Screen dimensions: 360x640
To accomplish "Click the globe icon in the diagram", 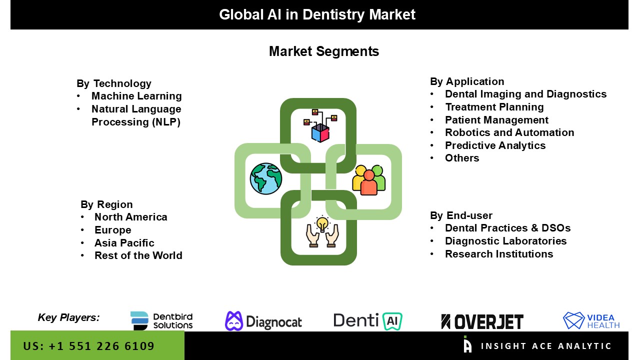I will pyautogui.click(x=266, y=178).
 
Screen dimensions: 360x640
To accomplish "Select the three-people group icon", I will pyautogui.click(x=369, y=180).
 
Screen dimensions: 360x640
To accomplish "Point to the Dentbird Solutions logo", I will pyautogui.click(x=161, y=321).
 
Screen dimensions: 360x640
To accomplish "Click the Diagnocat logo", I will pyautogui.click(x=263, y=321).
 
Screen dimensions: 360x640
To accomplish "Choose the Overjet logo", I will pyautogui.click(x=482, y=321).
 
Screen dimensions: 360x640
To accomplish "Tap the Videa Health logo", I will pyautogui.click(x=591, y=321).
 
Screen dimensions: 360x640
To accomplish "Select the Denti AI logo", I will pyautogui.click(x=368, y=321).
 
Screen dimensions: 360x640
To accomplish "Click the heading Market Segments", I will pyautogui.click(x=324, y=51).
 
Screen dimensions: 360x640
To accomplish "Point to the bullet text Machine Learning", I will pyautogui.click(x=136, y=96).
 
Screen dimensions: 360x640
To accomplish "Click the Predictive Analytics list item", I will pyautogui.click(x=495, y=145).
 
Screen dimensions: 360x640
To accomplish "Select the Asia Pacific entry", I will pyautogui.click(x=124, y=243).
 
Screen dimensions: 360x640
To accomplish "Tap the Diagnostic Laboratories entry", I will pyautogui.click(x=505, y=241).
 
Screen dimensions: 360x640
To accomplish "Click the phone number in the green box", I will pyautogui.click(x=89, y=346).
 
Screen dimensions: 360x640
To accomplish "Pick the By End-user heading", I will pyautogui.click(x=461, y=215).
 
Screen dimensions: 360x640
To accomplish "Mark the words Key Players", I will pyautogui.click(x=68, y=317).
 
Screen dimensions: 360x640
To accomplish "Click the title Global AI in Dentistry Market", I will pyautogui.click(x=317, y=14).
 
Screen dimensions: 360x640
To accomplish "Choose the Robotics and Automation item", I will pyautogui.click(x=509, y=132).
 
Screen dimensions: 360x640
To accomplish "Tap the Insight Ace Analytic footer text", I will pyautogui.click(x=546, y=346).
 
